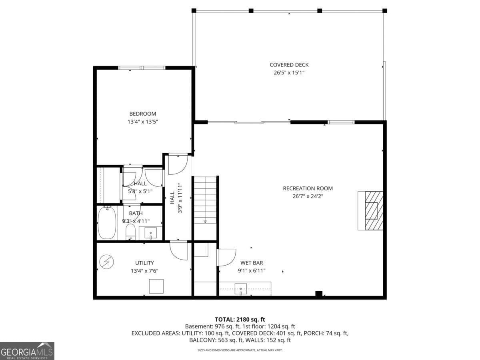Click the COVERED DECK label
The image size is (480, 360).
pos(289,65)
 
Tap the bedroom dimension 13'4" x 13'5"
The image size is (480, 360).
pos(142,122)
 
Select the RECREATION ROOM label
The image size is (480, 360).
pos(308,188)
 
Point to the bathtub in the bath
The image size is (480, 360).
pos(107,223)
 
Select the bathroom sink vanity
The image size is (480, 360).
pos(150,233)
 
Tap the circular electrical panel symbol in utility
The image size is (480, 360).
pos(106,262)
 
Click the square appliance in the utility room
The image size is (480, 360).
pos(156,286)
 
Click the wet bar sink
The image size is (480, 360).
pos(240,288)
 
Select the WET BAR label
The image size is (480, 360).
pos(252,263)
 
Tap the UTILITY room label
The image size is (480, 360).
pos(144,263)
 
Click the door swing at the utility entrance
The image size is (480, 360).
pos(179,250)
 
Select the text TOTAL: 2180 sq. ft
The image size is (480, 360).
pos(240,319)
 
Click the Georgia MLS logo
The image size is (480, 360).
pos(27,351)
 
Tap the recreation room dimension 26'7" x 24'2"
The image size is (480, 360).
pos(308,196)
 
